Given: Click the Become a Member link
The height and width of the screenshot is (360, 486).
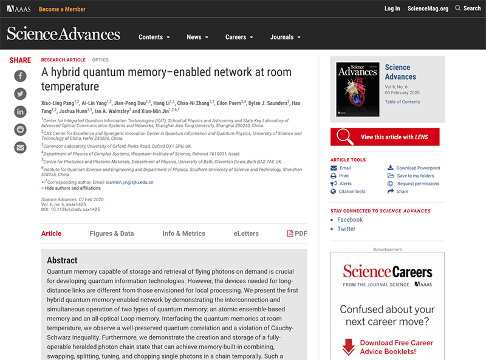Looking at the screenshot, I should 62,9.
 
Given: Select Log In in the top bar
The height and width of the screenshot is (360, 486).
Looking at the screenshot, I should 392,9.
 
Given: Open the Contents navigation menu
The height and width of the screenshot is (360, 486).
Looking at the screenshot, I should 154,37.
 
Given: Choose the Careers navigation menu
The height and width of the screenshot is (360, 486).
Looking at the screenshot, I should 239,37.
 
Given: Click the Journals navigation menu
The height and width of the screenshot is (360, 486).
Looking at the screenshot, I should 285,37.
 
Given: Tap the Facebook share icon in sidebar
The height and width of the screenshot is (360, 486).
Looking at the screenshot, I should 20,76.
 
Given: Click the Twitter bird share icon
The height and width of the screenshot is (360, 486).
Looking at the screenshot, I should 20,94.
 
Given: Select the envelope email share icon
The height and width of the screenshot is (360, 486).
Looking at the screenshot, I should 20,147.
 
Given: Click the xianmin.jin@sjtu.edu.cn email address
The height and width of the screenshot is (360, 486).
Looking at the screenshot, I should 129,182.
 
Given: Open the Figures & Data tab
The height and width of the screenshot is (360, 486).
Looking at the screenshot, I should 112,234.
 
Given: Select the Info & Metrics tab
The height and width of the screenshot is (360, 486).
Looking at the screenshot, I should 183,234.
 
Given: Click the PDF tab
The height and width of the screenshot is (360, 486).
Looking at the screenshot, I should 297,234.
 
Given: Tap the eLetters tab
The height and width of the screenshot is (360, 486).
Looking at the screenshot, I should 246,234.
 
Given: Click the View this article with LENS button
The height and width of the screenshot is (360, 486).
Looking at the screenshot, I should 385,137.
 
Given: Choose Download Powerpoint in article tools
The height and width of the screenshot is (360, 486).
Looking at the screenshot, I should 417,168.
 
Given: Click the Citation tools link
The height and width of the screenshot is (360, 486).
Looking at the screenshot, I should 352,192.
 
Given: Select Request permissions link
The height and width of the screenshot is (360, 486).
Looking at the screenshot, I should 417,184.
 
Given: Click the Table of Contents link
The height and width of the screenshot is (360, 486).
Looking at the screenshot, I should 402,102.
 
